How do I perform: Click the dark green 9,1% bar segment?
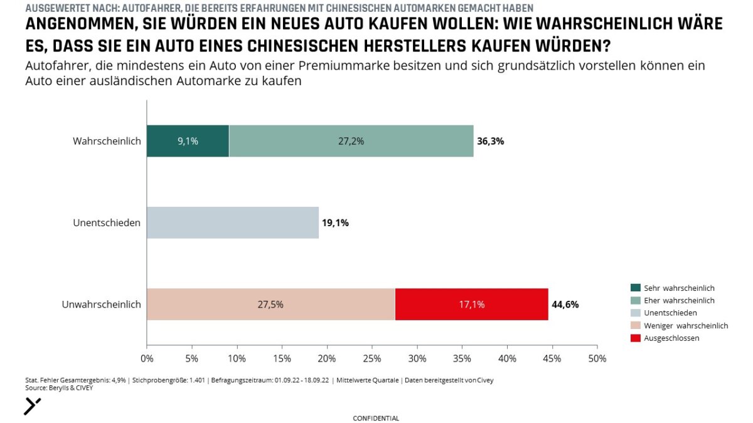188,141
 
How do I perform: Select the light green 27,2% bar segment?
351,141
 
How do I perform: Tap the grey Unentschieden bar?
232,222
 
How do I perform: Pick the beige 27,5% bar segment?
270,305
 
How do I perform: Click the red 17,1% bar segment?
471,305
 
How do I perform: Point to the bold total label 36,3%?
491,142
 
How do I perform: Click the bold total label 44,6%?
565,305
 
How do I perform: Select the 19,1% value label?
335,223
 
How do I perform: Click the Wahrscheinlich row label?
107,141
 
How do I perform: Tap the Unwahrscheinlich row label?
101,305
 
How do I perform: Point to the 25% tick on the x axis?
372,359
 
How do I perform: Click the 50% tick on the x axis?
597,359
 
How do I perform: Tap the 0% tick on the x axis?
147,359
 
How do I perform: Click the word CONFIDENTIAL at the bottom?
376,418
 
